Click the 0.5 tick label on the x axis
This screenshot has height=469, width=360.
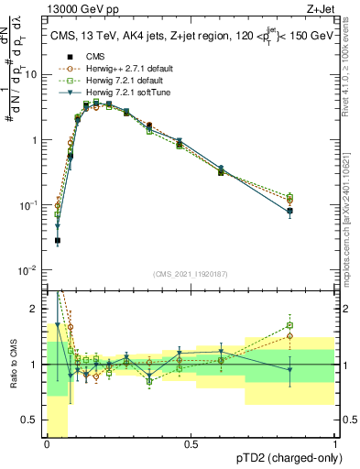(191, 444)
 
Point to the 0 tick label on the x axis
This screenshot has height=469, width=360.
(47, 444)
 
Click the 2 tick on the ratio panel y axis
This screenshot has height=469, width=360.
(38, 306)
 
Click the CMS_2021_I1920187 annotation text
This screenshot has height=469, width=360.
(191, 273)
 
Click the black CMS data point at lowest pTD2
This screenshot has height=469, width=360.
(57, 241)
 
